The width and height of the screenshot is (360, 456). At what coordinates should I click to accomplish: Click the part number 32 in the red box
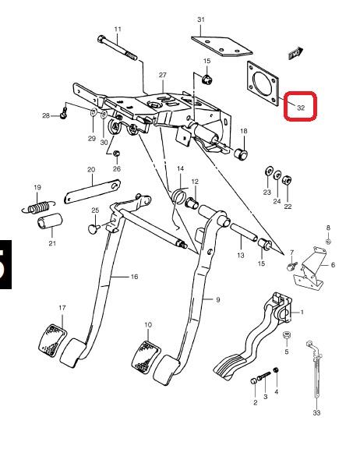[301, 108]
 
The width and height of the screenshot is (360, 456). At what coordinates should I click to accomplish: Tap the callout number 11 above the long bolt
[118, 29]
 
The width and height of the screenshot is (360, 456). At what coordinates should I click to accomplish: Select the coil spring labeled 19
[38, 207]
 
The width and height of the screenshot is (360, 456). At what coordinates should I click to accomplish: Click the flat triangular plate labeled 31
[221, 46]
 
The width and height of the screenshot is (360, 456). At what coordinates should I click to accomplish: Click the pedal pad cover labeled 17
[52, 341]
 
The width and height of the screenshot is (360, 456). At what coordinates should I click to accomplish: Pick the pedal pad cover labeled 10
[146, 357]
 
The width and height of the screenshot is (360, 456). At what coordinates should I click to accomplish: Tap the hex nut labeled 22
[288, 181]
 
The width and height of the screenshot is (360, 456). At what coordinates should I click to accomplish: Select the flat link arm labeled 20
[92, 192]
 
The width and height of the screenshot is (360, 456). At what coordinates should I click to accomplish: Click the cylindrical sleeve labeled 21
[50, 221]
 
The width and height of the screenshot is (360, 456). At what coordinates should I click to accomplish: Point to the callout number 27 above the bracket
[163, 75]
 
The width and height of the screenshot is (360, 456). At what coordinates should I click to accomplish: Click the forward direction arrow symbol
[296, 54]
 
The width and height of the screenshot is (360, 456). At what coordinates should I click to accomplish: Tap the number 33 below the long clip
[316, 412]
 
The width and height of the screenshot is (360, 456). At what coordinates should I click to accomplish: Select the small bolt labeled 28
[64, 113]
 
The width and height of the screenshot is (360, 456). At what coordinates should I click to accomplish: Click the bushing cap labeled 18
[241, 154]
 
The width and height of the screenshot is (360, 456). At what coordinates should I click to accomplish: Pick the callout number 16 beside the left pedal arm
[134, 277]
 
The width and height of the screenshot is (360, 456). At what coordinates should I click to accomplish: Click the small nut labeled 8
[328, 241]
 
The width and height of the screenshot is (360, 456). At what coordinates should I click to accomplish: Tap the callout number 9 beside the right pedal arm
[218, 300]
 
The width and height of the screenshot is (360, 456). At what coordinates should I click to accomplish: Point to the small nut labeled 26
[117, 154]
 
